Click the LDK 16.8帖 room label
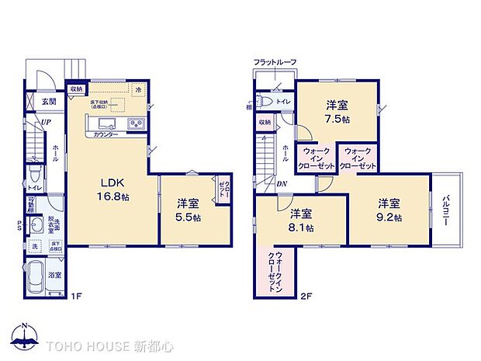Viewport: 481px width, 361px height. click(113, 191)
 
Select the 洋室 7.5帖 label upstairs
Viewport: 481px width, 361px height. click(337, 112)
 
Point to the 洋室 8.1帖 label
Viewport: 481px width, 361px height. click(303, 220)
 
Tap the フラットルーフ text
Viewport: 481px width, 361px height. click(275, 62)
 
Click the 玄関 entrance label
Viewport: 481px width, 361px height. click(47, 101)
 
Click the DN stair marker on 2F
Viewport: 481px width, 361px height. click(282, 184)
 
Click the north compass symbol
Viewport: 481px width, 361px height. click(26, 338)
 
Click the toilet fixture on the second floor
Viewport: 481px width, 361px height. click(265, 102)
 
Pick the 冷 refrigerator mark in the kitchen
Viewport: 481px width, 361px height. click(137, 89)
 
